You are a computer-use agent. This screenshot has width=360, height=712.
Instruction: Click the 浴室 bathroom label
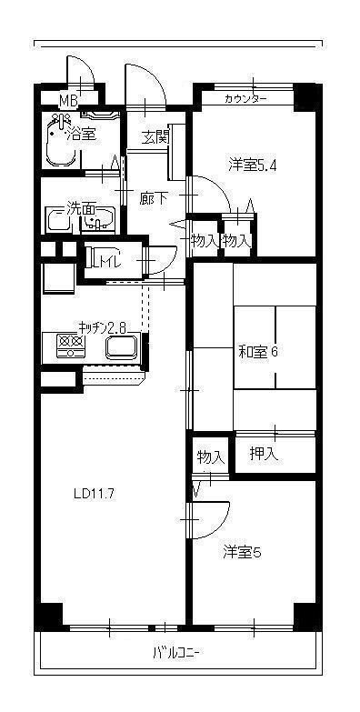pyautogui.click(x=82, y=134)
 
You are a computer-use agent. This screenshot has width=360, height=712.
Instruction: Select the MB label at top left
pyautogui.click(x=69, y=100)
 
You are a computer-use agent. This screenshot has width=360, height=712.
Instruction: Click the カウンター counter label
pyautogui.click(x=245, y=98)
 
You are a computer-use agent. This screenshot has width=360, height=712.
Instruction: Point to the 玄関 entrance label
pyautogui.click(x=155, y=137)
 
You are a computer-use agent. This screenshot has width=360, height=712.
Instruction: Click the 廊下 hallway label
pyautogui.click(x=152, y=196)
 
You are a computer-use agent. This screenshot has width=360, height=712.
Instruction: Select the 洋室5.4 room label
pyautogui.click(x=253, y=165)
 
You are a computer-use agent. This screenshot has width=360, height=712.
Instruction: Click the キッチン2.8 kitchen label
pyautogui.click(x=101, y=326)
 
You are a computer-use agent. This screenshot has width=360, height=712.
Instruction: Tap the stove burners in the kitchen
pyautogui.click(x=69, y=346)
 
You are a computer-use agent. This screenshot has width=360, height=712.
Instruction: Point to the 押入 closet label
pyautogui.click(x=264, y=453)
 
